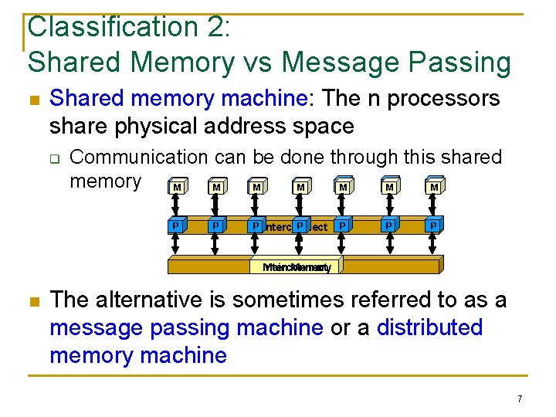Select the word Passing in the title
click(x=463, y=62)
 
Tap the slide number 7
click(x=520, y=398)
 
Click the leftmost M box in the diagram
click(x=178, y=187)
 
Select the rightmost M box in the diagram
click(x=434, y=187)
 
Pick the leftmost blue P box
click(x=177, y=225)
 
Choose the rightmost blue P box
click(x=434, y=225)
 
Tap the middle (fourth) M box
click(x=300, y=187)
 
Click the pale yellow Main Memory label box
click(x=297, y=266)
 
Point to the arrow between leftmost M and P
click(x=177, y=206)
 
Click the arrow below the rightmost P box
click(x=434, y=245)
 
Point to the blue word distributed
click(x=429, y=327)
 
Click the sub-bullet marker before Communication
click(x=56, y=159)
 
